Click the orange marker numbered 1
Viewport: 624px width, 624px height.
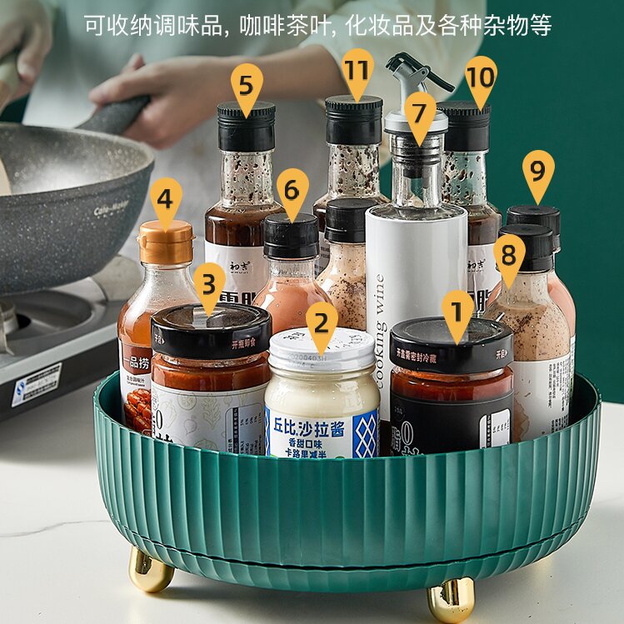457,311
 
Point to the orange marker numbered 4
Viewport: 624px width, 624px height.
166,200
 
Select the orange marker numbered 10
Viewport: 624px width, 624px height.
481,77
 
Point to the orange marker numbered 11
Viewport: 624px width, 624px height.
357,70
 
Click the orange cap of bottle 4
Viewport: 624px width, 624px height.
165,243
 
